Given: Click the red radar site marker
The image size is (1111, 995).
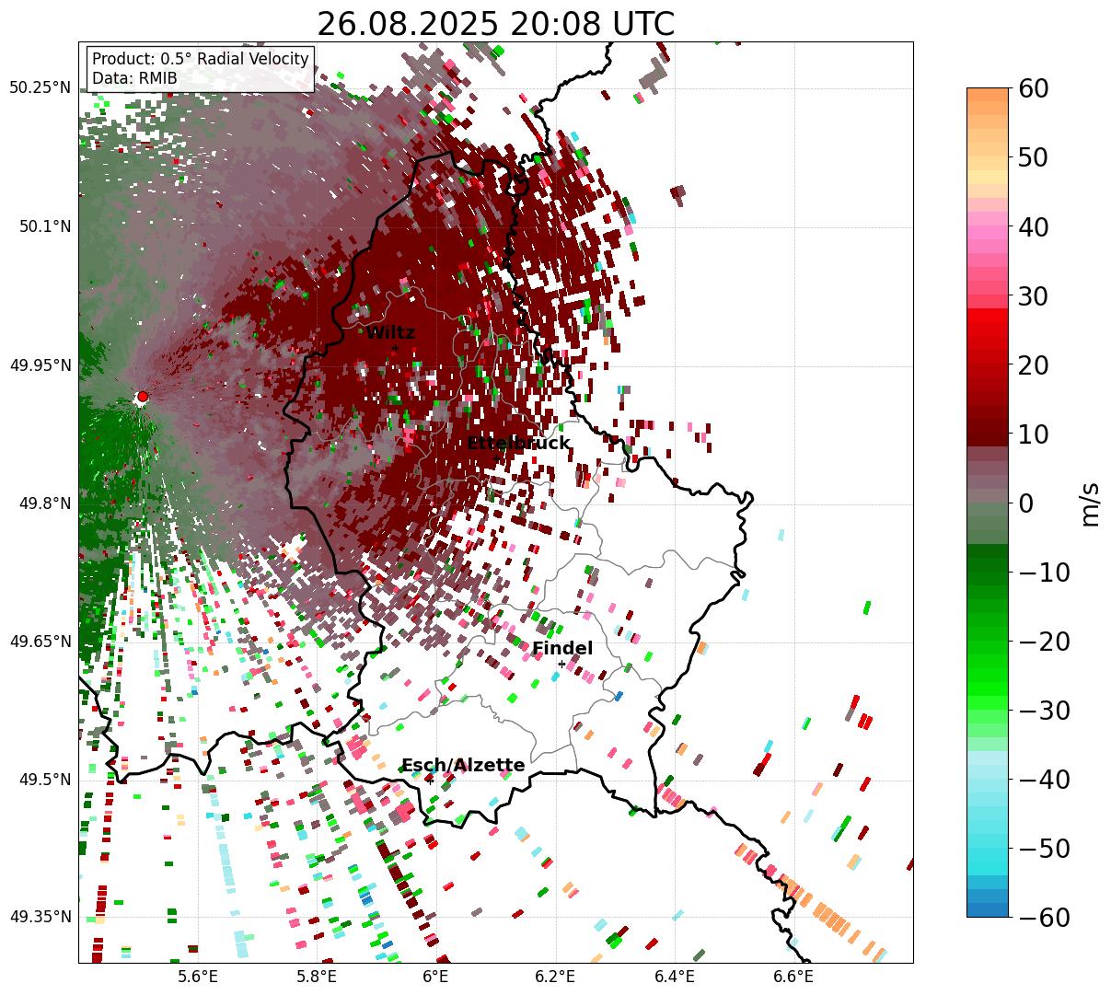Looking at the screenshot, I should (142, 397).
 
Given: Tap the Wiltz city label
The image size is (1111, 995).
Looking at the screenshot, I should (390, 333).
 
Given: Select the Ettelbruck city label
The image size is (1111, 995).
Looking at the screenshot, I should (518, 444).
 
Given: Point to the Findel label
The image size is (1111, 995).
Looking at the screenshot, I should (562, 649).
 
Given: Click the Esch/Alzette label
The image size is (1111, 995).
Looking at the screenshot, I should (464, 766).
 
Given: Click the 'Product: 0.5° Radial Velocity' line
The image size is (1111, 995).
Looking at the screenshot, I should (200, 59).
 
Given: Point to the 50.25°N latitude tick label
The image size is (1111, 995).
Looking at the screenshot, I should (40, 87).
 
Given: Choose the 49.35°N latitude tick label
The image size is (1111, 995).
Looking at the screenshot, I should (40, 917).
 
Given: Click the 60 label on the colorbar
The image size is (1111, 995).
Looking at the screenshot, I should (1035, 89).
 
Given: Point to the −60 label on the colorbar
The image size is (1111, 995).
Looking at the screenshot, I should (1044, 918).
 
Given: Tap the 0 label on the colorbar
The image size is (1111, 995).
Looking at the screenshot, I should (1025, 503).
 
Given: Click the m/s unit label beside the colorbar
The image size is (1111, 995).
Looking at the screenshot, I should (1091, 503).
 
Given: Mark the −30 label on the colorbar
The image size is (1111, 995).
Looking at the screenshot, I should (1044, 711).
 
